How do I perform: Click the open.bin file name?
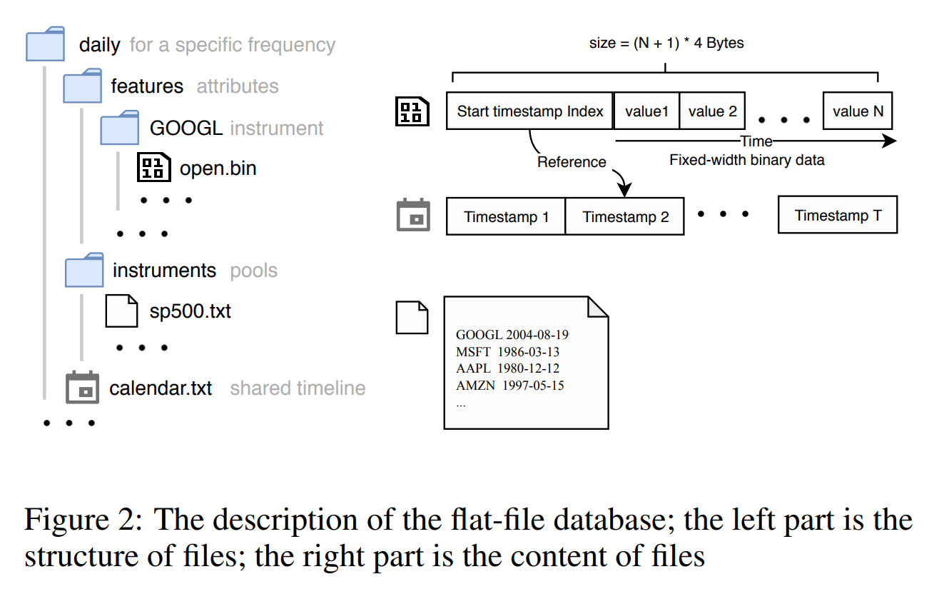click(218, 168)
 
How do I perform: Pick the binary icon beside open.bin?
click(153, 167)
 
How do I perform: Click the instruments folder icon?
click(84, 270)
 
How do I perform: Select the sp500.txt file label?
click(190, 311)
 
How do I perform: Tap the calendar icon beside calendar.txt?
click(82, 388)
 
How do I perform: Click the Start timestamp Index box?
click(529, 111)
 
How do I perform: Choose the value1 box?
click(646, 111)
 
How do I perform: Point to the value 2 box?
click(712, 111)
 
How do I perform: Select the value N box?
click(857, 111)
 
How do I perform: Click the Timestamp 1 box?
click(506, 217)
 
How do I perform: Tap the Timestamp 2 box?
click(625, 217)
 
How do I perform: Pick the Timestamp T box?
click(838, 216)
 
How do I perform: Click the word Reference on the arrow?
click(572, 162)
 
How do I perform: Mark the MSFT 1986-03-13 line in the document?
click(508, 351)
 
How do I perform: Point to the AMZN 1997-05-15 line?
click(510, 386)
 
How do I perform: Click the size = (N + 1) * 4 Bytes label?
click(666, 44)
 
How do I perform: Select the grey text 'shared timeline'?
click(298, 388)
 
